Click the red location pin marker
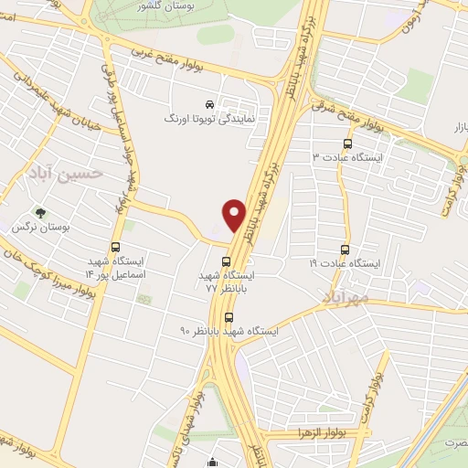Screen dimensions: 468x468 click(x=234, y=214)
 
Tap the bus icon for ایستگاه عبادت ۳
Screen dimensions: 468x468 click(x=346, y=144)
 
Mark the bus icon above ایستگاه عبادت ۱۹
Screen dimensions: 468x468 click(x=345, y=249)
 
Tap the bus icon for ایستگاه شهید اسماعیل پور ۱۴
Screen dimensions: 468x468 click(x=115, y=247)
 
